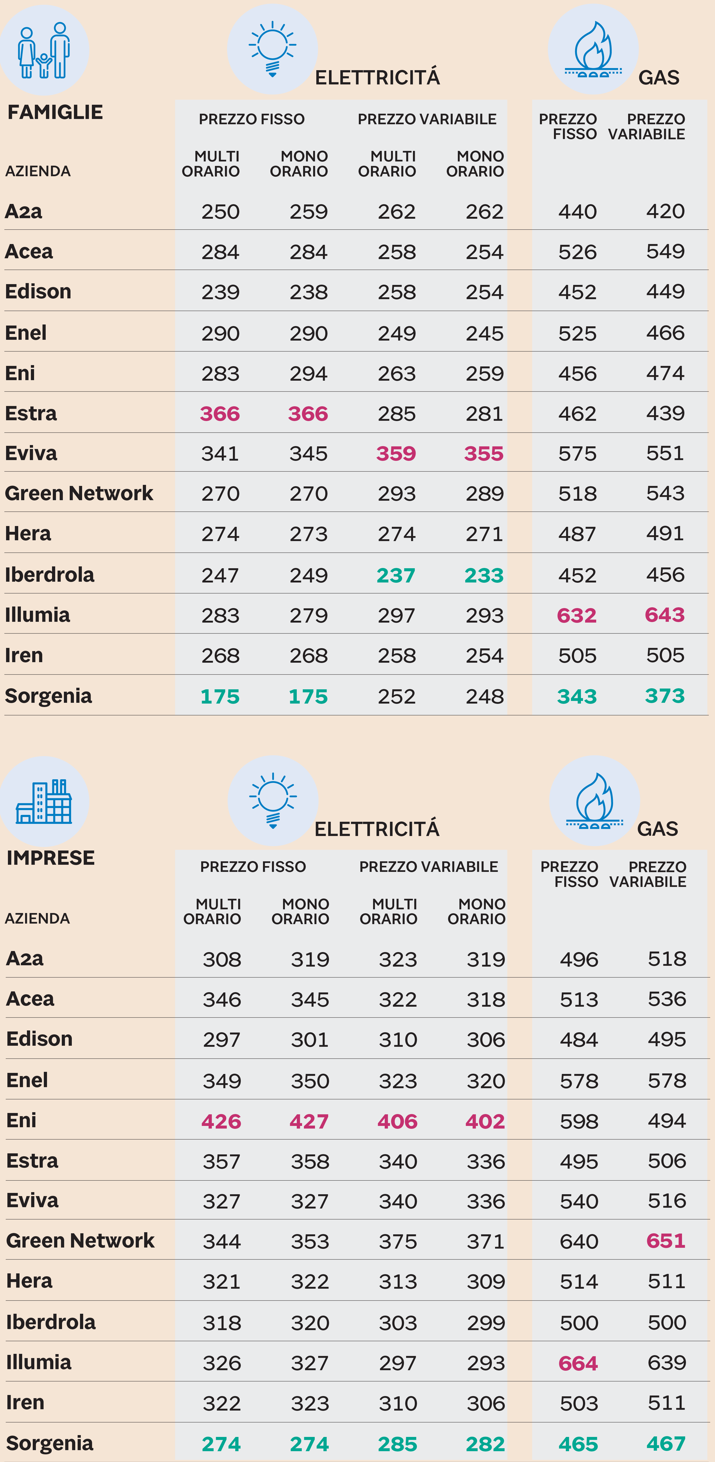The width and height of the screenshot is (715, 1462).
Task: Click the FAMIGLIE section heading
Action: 55,112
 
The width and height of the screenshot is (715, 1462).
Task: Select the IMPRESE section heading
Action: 50,858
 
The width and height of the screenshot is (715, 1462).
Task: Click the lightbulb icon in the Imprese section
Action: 272,800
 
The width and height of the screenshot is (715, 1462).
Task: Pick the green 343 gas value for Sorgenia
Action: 577,696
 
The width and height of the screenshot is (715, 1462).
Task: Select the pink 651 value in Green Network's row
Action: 666,1241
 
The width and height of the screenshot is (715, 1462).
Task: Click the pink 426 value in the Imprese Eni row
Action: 222,1121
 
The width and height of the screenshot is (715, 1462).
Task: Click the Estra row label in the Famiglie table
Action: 31,413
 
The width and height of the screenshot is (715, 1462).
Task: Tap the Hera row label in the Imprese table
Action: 30,1281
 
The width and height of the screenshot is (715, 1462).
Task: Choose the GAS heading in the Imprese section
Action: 658,829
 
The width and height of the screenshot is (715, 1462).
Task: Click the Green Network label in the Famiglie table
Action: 79,493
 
